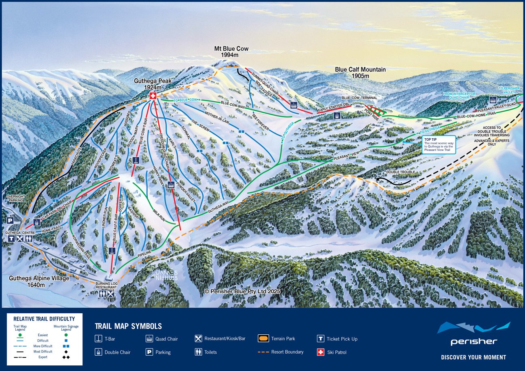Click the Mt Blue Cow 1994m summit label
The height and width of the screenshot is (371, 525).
click(231, 52)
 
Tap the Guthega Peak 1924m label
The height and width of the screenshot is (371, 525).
click(153, 84)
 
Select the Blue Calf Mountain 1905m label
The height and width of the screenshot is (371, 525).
click(360, 73)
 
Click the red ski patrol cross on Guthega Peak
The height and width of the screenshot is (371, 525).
click(153, 96)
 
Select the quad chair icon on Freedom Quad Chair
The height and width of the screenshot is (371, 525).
click(171, 185)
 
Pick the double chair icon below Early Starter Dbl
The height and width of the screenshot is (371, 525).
click(336, 116)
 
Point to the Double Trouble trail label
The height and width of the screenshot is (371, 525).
click(400, 172)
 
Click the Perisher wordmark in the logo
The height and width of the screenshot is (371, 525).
click(473, 342)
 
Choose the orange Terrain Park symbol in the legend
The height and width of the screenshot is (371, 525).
click(263, 339)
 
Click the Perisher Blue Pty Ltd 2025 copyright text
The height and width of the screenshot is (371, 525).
click(242, 291)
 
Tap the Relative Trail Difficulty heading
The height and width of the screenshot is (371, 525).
click(44, 319)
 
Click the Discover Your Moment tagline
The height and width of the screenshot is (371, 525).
click(473, 357)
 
